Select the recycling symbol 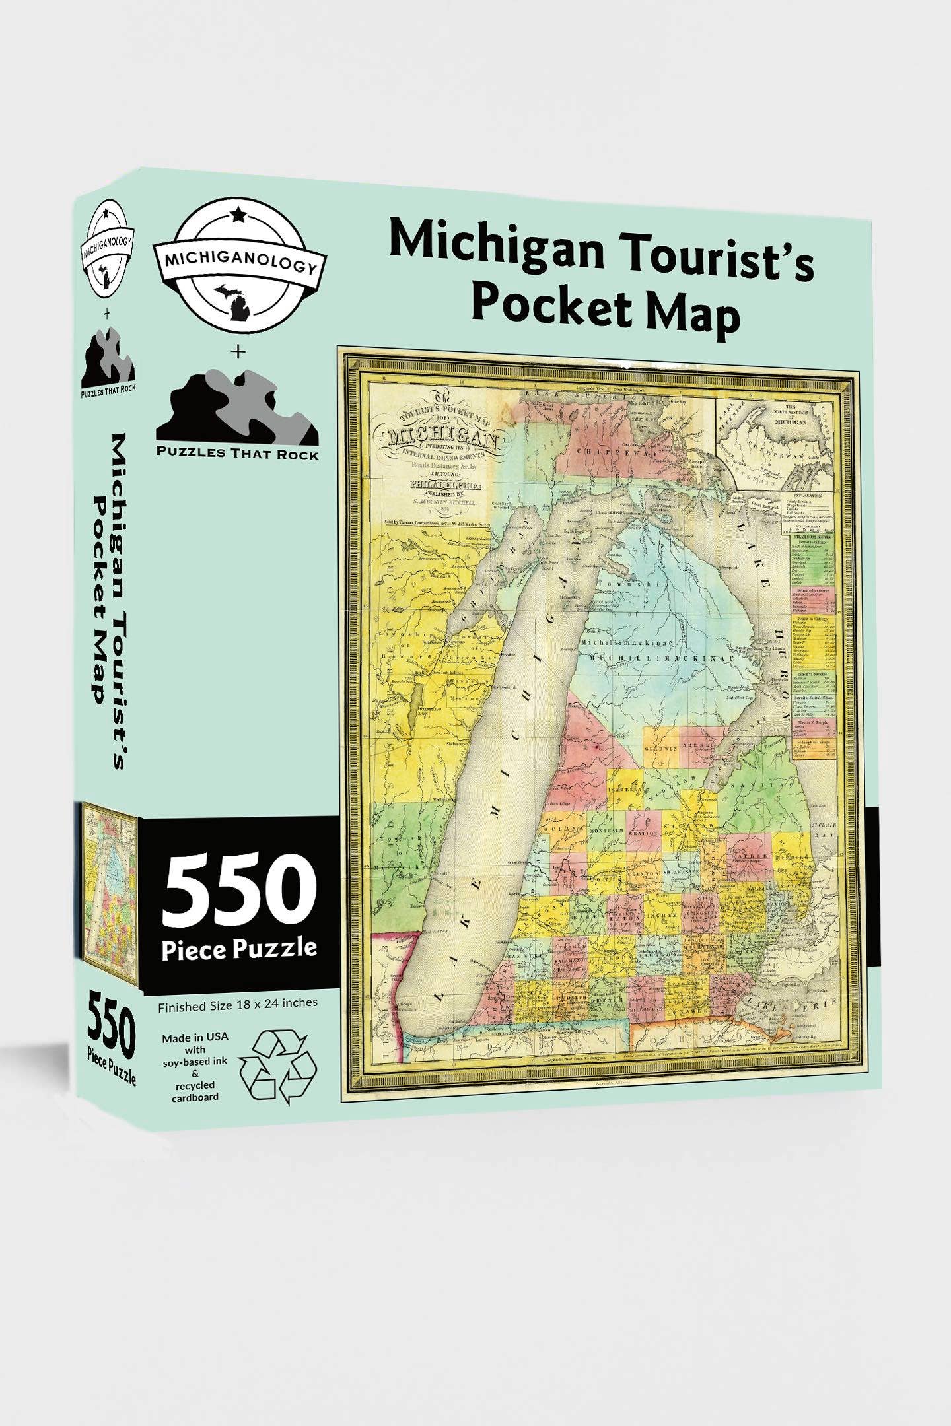[277, 1068]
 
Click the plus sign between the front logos [238, 352]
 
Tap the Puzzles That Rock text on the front [237, 454]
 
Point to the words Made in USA [195, 1037]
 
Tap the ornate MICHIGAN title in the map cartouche [440, 437]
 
